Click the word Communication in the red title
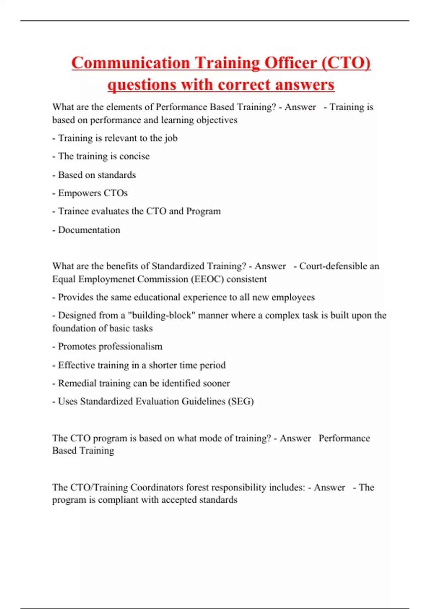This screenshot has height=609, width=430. pos(130,63)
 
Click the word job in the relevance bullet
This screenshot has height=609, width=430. pos(171,138)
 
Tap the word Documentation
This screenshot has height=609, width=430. pos(89,230)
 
